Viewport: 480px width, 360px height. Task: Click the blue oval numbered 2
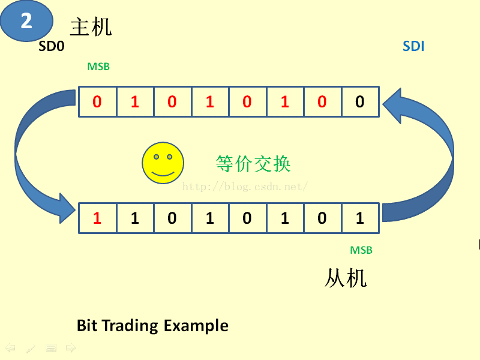pos(26,22)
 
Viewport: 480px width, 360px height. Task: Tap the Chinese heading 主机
pos(91,27)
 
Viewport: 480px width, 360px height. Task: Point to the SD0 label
pos(51,46)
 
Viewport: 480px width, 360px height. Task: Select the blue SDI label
pos(413,46)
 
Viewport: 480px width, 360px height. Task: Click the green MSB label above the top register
pos(98,67)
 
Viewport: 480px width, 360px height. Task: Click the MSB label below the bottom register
pos(361,250)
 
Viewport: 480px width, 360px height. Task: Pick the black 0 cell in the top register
pos(359,102)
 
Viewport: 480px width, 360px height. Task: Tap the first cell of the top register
pos(97,102)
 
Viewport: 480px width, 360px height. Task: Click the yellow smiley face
pos(162,163)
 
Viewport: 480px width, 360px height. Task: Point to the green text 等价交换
pos(253,163)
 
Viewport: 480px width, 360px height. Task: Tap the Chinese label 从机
pos(346,278)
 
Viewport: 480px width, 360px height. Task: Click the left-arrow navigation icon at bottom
pos(10,347)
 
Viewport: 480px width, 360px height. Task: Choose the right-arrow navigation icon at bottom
pos(71,347)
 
